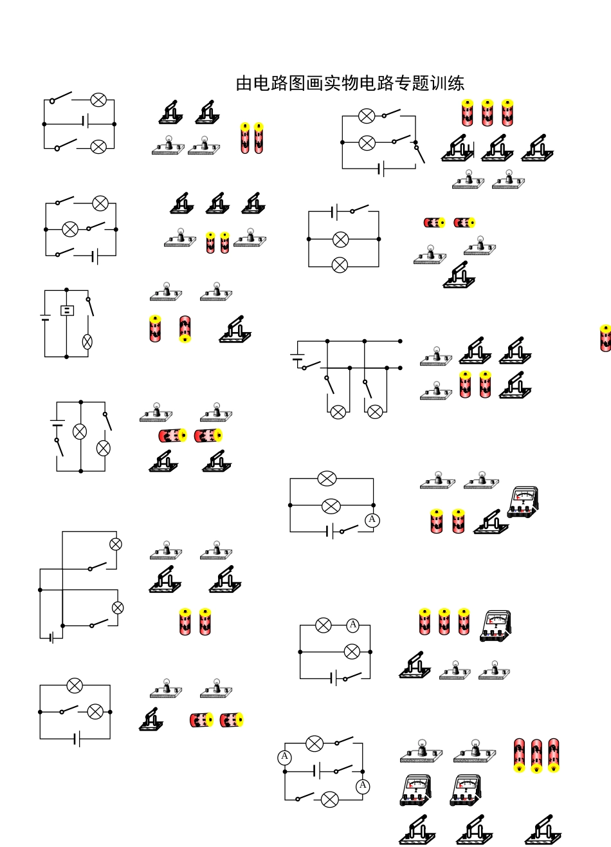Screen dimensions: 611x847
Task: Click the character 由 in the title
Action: tap(244, 83)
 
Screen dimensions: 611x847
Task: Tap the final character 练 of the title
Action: tap(456, 83)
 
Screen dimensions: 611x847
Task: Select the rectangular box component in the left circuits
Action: tap(67, 310)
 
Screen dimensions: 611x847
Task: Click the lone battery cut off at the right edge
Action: tap(605, 338)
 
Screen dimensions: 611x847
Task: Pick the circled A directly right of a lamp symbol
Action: tap(352, 625)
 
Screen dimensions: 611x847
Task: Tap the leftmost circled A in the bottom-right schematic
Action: tap(284, 757)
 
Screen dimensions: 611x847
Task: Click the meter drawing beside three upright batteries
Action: tap(495, 626)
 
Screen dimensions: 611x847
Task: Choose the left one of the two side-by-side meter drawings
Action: tap(415, 790)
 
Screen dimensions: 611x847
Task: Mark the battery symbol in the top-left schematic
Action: tap(86, 121)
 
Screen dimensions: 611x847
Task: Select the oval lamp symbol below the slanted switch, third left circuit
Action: tap(87, 342)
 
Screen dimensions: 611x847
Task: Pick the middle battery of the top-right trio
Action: tap(488, 113)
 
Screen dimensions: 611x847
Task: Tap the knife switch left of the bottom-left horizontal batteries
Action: tap(151, 720)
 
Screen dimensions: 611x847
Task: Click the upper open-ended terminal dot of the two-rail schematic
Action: tap(400, 341)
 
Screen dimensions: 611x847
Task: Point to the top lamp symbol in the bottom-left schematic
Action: tap(75, 685)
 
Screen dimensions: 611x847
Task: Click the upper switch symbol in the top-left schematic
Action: tap(61, 97)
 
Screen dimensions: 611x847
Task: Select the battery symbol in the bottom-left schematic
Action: tap(77, 739)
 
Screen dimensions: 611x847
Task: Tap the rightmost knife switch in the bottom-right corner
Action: tap(543, 830)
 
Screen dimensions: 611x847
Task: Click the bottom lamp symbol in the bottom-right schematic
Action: tap(329, 800)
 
